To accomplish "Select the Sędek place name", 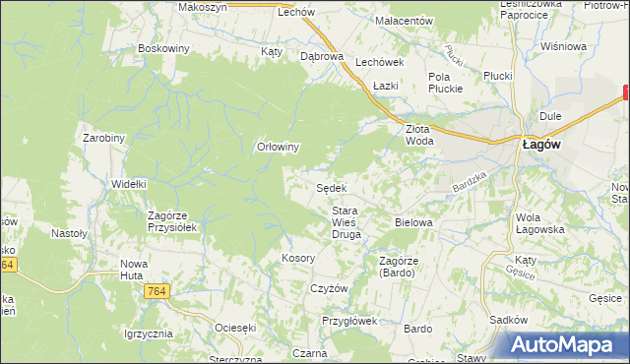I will point(331,187).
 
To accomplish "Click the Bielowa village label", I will point(413,222).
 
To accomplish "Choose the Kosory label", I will point(297,258).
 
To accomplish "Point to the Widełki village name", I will point(129,183).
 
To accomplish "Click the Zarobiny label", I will point(103,138).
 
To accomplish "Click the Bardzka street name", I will point(470,181).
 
